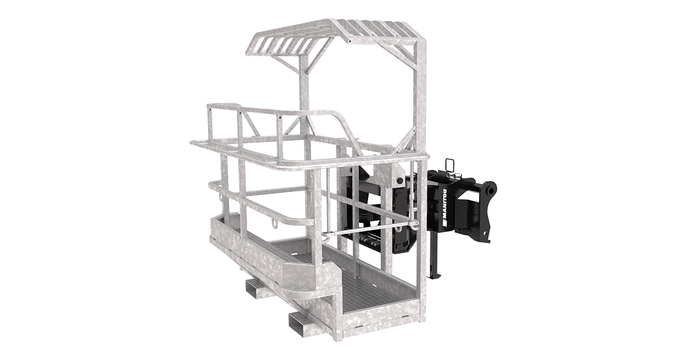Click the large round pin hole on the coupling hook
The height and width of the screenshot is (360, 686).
(x=490, y=189)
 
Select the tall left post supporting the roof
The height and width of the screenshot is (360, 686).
(x=304, y=103)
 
